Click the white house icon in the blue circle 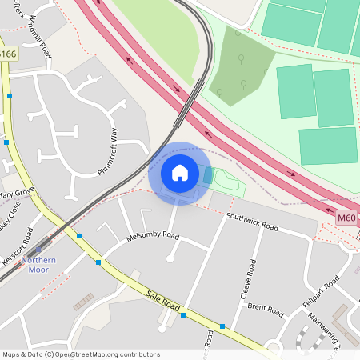[180, 173]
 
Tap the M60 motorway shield [346, 218]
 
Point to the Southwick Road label [253, 222]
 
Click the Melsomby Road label [153, 236]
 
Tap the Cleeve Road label [249, 279]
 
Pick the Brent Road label [266, 309]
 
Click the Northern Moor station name [38, 265]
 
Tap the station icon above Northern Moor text [38, 249]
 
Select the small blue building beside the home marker [209, 175]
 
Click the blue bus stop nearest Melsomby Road [98, 262]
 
